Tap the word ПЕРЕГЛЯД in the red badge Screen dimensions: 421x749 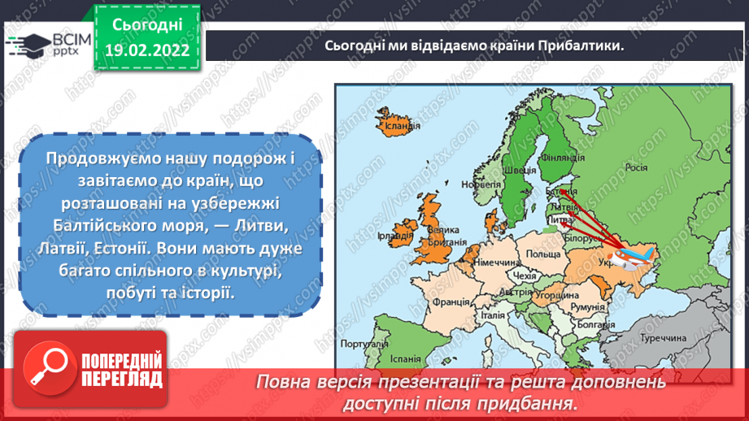coord(122,379)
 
